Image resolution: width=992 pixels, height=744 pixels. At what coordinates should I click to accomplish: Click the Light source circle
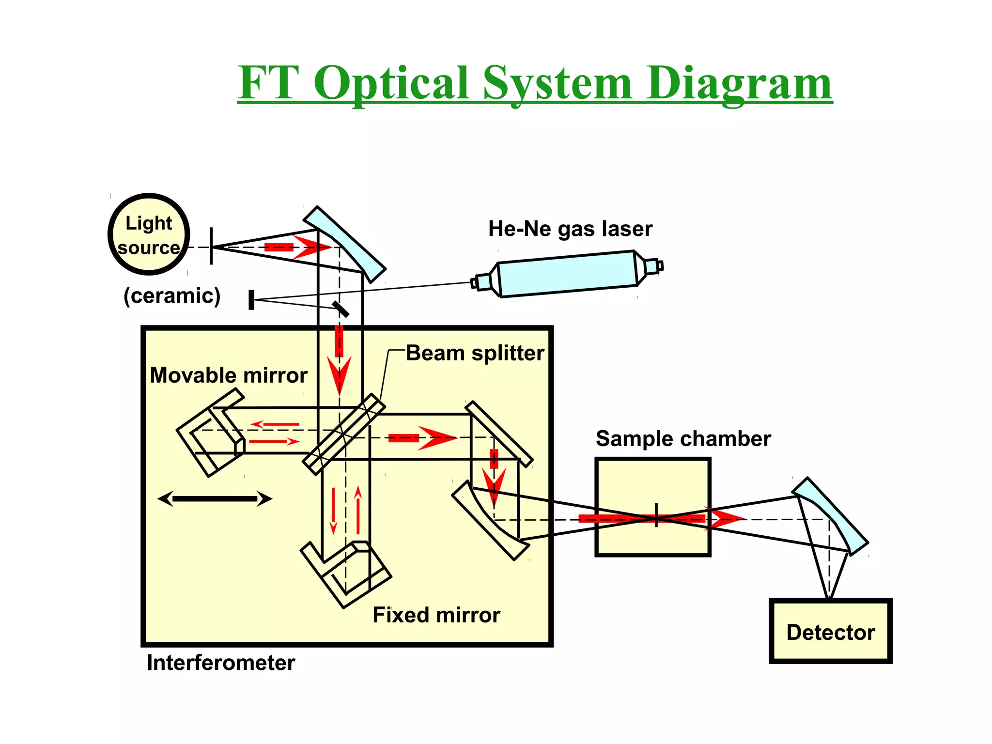point(149,234)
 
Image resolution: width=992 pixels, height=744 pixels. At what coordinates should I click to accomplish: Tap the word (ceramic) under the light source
point(172,295)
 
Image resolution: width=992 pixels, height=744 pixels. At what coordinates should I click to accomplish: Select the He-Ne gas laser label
point(570,229)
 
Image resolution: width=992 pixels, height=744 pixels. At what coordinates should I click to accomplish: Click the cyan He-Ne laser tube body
point(567,274)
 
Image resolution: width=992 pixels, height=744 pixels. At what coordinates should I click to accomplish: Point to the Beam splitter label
point(475,353)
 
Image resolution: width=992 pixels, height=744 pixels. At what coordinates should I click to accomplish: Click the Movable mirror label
point(228,375)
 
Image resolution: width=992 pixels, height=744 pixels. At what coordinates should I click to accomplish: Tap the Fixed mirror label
point(436,615)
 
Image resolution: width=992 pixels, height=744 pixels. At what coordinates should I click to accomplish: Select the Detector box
point(830,632)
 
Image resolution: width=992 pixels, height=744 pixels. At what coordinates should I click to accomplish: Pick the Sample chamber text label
point(683,439)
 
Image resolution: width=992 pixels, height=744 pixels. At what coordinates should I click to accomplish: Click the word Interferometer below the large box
point(220,663)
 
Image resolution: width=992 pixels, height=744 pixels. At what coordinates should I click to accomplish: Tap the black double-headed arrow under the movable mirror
point(215,498)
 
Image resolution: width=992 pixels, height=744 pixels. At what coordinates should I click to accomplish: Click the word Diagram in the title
point(739,83)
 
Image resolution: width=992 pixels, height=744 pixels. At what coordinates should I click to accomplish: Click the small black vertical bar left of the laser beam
point(251,300)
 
